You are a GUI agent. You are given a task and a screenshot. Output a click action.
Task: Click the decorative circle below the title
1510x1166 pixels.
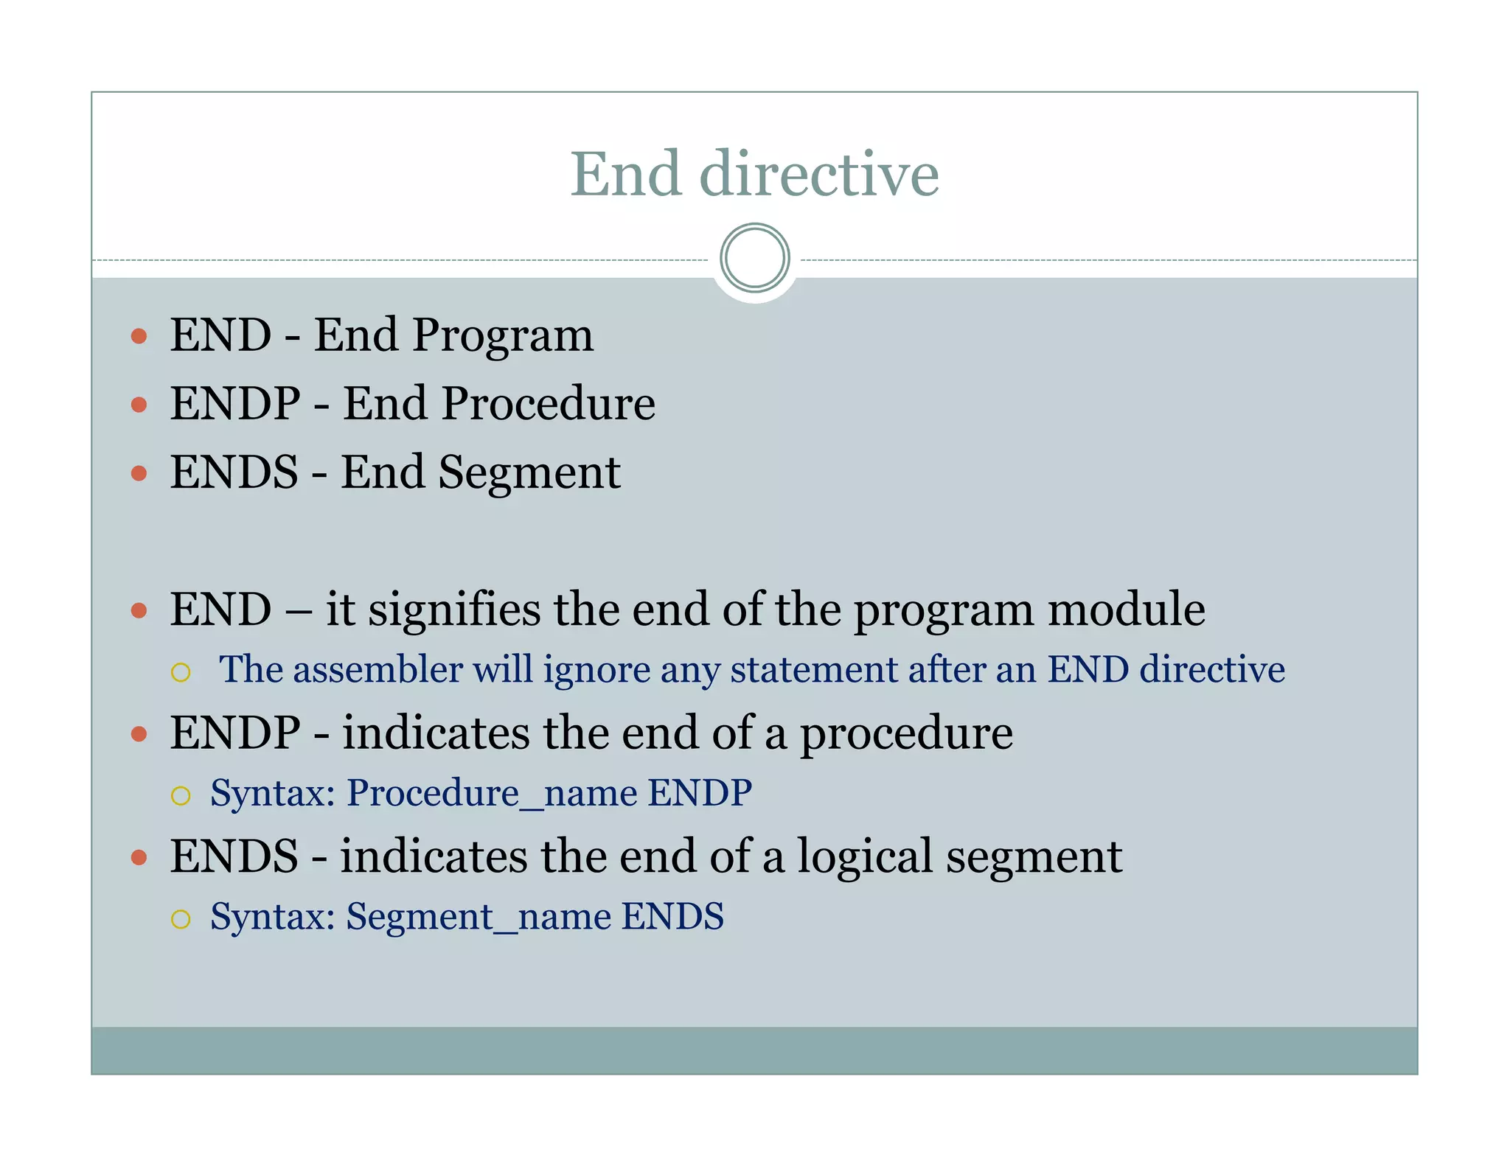click(x=754, y=258)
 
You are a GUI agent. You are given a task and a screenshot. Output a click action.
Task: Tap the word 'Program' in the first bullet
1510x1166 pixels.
click(x=503, y=337)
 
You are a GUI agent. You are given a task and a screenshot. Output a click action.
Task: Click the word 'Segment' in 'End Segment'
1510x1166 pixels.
click(x=529, y=472)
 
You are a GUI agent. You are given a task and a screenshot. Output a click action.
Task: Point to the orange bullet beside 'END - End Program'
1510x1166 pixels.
click(x=139, y=337)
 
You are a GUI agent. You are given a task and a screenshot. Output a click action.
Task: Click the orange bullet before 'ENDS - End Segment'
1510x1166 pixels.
click(x=139, y=472)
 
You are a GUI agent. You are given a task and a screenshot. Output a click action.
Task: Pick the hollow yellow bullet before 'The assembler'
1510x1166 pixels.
click(x=181, y=671)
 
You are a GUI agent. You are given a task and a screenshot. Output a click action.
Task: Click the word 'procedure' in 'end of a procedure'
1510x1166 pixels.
click(x=906, y=734)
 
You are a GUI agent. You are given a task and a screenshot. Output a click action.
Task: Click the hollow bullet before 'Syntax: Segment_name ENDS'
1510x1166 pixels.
click(x=181, y=918)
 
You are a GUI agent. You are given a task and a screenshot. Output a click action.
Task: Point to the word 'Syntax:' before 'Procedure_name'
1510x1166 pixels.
click(x=273, y=794)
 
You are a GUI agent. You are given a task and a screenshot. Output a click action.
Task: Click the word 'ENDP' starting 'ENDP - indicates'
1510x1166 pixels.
click(x=235, y=733)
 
